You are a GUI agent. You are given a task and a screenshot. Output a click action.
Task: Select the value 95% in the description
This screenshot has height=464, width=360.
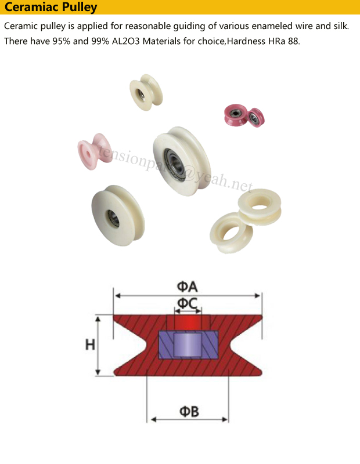tap(62, 41)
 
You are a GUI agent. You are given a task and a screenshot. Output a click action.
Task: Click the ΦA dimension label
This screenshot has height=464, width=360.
tap(188, 287)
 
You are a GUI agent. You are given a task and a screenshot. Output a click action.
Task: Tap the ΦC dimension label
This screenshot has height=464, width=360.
tap(188, 303)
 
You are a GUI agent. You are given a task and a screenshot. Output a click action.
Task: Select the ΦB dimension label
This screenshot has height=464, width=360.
tap(189, 411)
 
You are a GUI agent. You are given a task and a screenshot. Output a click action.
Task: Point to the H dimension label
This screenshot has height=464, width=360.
tap(90, 345)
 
